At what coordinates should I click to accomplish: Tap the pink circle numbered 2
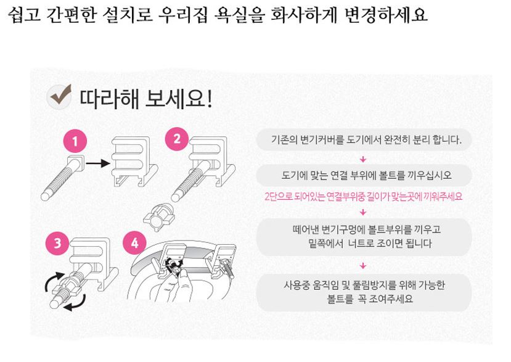177,139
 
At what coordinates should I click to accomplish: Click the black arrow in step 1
96,163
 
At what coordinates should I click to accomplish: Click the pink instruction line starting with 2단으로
363,197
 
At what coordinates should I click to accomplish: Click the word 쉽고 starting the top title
23,15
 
